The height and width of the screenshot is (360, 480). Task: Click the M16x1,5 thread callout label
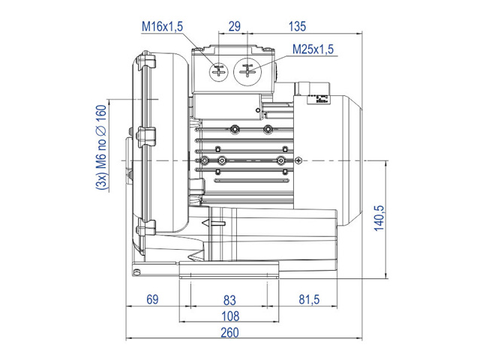click(162, 26)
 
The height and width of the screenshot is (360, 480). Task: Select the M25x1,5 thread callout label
click(313, 49)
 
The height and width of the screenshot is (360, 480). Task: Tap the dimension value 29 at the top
click(235, 26)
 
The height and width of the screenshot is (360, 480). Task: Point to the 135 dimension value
click(297, 26)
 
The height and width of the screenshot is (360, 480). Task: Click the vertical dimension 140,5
click(379, 218)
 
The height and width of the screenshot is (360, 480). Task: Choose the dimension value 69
click(152, 299)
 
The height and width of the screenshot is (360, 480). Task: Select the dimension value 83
click(229, 300)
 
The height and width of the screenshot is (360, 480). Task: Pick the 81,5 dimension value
click(309, 299)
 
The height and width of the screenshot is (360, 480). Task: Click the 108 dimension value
click(230, 316)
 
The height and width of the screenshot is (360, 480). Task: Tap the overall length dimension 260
click(230, 332)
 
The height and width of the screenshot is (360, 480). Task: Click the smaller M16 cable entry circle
click(218, 73)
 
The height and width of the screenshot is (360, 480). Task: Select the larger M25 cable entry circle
click(247, 72)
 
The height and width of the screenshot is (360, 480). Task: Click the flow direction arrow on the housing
click(213, 223)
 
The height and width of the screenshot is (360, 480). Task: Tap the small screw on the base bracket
click(136, 271)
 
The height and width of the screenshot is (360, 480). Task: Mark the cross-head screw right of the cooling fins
click(298, 160)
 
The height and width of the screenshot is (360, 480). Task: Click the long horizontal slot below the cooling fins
click(252, 181)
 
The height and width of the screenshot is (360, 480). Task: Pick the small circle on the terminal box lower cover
click(258, 110)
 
